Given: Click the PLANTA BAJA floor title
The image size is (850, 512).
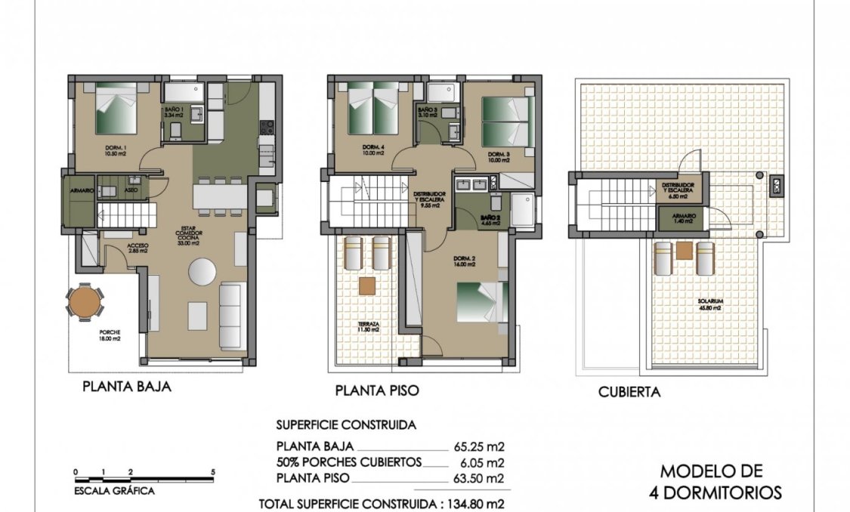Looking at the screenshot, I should point(126,387).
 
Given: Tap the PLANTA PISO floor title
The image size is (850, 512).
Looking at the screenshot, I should point(376,390).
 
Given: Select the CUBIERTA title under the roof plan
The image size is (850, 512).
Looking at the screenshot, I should point(629,391).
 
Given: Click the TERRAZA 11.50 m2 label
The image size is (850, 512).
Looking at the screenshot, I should point(369,328).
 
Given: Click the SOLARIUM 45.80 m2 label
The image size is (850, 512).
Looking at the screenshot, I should point(709,304).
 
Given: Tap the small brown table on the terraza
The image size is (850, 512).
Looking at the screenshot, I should point(367,285).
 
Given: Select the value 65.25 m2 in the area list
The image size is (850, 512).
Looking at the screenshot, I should point(483,445).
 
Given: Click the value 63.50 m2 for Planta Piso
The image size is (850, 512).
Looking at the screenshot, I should point(483,478).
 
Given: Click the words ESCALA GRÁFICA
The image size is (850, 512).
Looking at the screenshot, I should point(114,491).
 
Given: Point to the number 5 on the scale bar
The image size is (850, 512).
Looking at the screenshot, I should point(213,472).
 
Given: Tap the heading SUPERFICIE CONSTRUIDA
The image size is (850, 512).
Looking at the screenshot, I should point(345,425).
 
